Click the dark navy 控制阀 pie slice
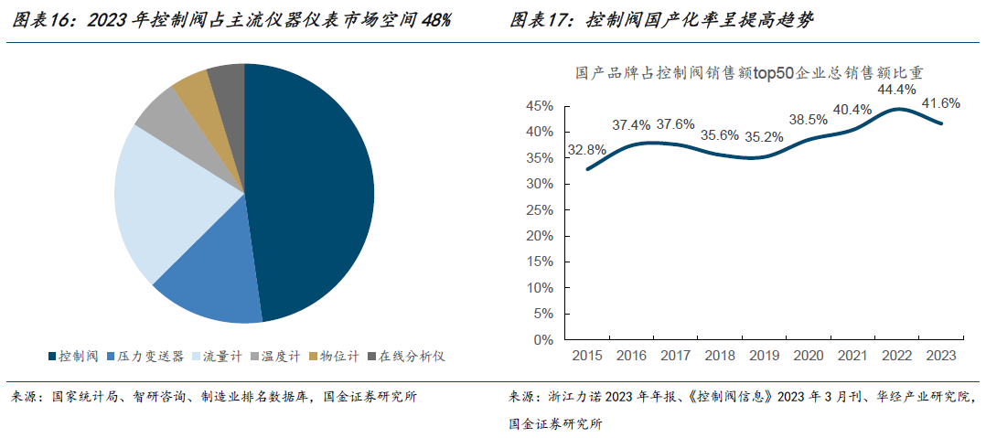[311, 192]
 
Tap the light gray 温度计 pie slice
[165, 115]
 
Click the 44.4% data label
[896, 91]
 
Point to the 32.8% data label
[586, 150]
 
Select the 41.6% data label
[940, 102]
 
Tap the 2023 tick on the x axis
[940, 355]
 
